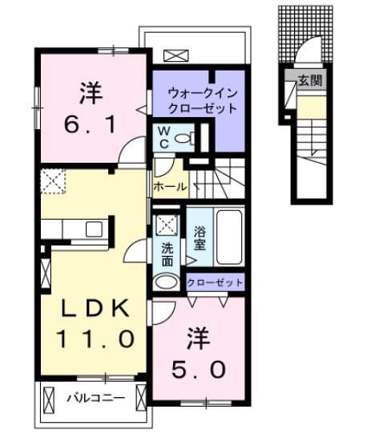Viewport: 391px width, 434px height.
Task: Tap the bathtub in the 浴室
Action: click(229, 237)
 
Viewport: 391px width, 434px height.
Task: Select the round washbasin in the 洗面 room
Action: click(166, 282)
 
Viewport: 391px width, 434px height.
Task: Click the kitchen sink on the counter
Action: click(94, 229)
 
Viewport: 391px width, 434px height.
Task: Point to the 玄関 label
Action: click(310, 80)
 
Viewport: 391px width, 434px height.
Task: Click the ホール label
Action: click(170, 187)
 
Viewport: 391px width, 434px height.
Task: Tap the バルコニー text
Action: click(96, 398)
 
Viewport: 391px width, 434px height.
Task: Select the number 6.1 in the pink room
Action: click(90, 124)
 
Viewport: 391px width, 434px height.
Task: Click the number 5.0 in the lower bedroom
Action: click(198, 370)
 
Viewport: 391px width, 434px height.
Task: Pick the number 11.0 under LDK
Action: click(95, 339)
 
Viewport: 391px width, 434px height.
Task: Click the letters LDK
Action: click(95, 308)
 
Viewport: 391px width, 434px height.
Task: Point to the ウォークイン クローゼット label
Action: click(203, 101)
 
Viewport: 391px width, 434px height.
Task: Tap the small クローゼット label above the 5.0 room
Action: click(215, 282)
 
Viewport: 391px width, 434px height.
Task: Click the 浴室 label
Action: click(200, 237)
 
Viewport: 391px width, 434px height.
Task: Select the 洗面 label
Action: click(167, 254)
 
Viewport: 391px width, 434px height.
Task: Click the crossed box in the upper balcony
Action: click(176, 55)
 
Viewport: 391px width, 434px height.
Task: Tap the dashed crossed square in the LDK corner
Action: click(54, 181)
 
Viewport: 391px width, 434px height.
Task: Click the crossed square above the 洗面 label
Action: click(167, 225)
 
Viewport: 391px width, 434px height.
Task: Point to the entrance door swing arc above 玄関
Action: click(308, 48)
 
